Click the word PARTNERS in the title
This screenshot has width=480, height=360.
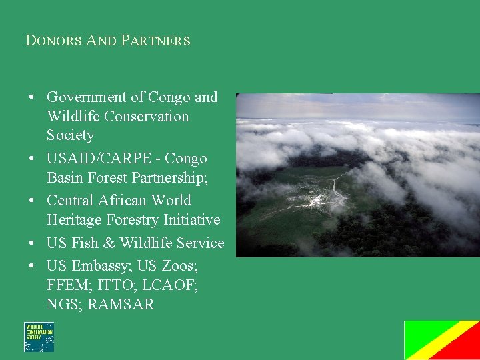(155, 41)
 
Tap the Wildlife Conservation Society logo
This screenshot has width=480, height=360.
(39, 337)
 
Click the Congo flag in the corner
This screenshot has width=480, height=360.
(441, 340)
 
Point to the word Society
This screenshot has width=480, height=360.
(70, 135)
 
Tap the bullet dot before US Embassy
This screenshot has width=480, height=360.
(32, 266)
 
